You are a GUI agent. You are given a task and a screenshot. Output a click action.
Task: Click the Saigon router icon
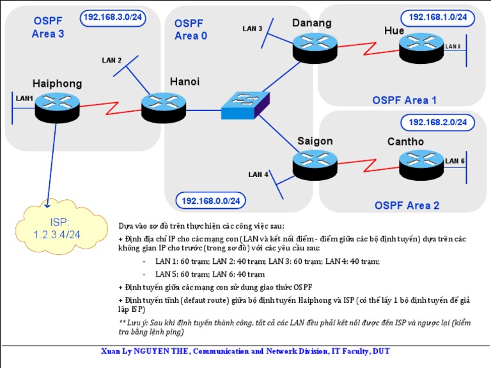pos(315,164)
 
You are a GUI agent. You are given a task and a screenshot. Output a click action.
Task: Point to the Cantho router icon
pos(421,164)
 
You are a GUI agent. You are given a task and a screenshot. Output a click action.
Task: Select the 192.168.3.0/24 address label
pos(113,17)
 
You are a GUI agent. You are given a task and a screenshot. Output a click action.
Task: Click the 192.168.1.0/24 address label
pos(438,17)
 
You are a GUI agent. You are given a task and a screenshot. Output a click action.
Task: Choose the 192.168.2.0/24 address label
pos(438,121)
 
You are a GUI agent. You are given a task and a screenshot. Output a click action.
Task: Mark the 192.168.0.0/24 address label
pos(210,201)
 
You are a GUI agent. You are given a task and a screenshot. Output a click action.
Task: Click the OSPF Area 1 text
pos(405,100)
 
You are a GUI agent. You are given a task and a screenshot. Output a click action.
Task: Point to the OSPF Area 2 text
pos(407,205)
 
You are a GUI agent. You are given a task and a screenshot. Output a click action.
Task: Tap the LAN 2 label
pos(111,60)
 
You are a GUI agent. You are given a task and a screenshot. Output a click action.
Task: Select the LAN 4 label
pos(258,174)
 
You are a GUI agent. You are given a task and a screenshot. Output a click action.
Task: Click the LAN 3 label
pos(253,28)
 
